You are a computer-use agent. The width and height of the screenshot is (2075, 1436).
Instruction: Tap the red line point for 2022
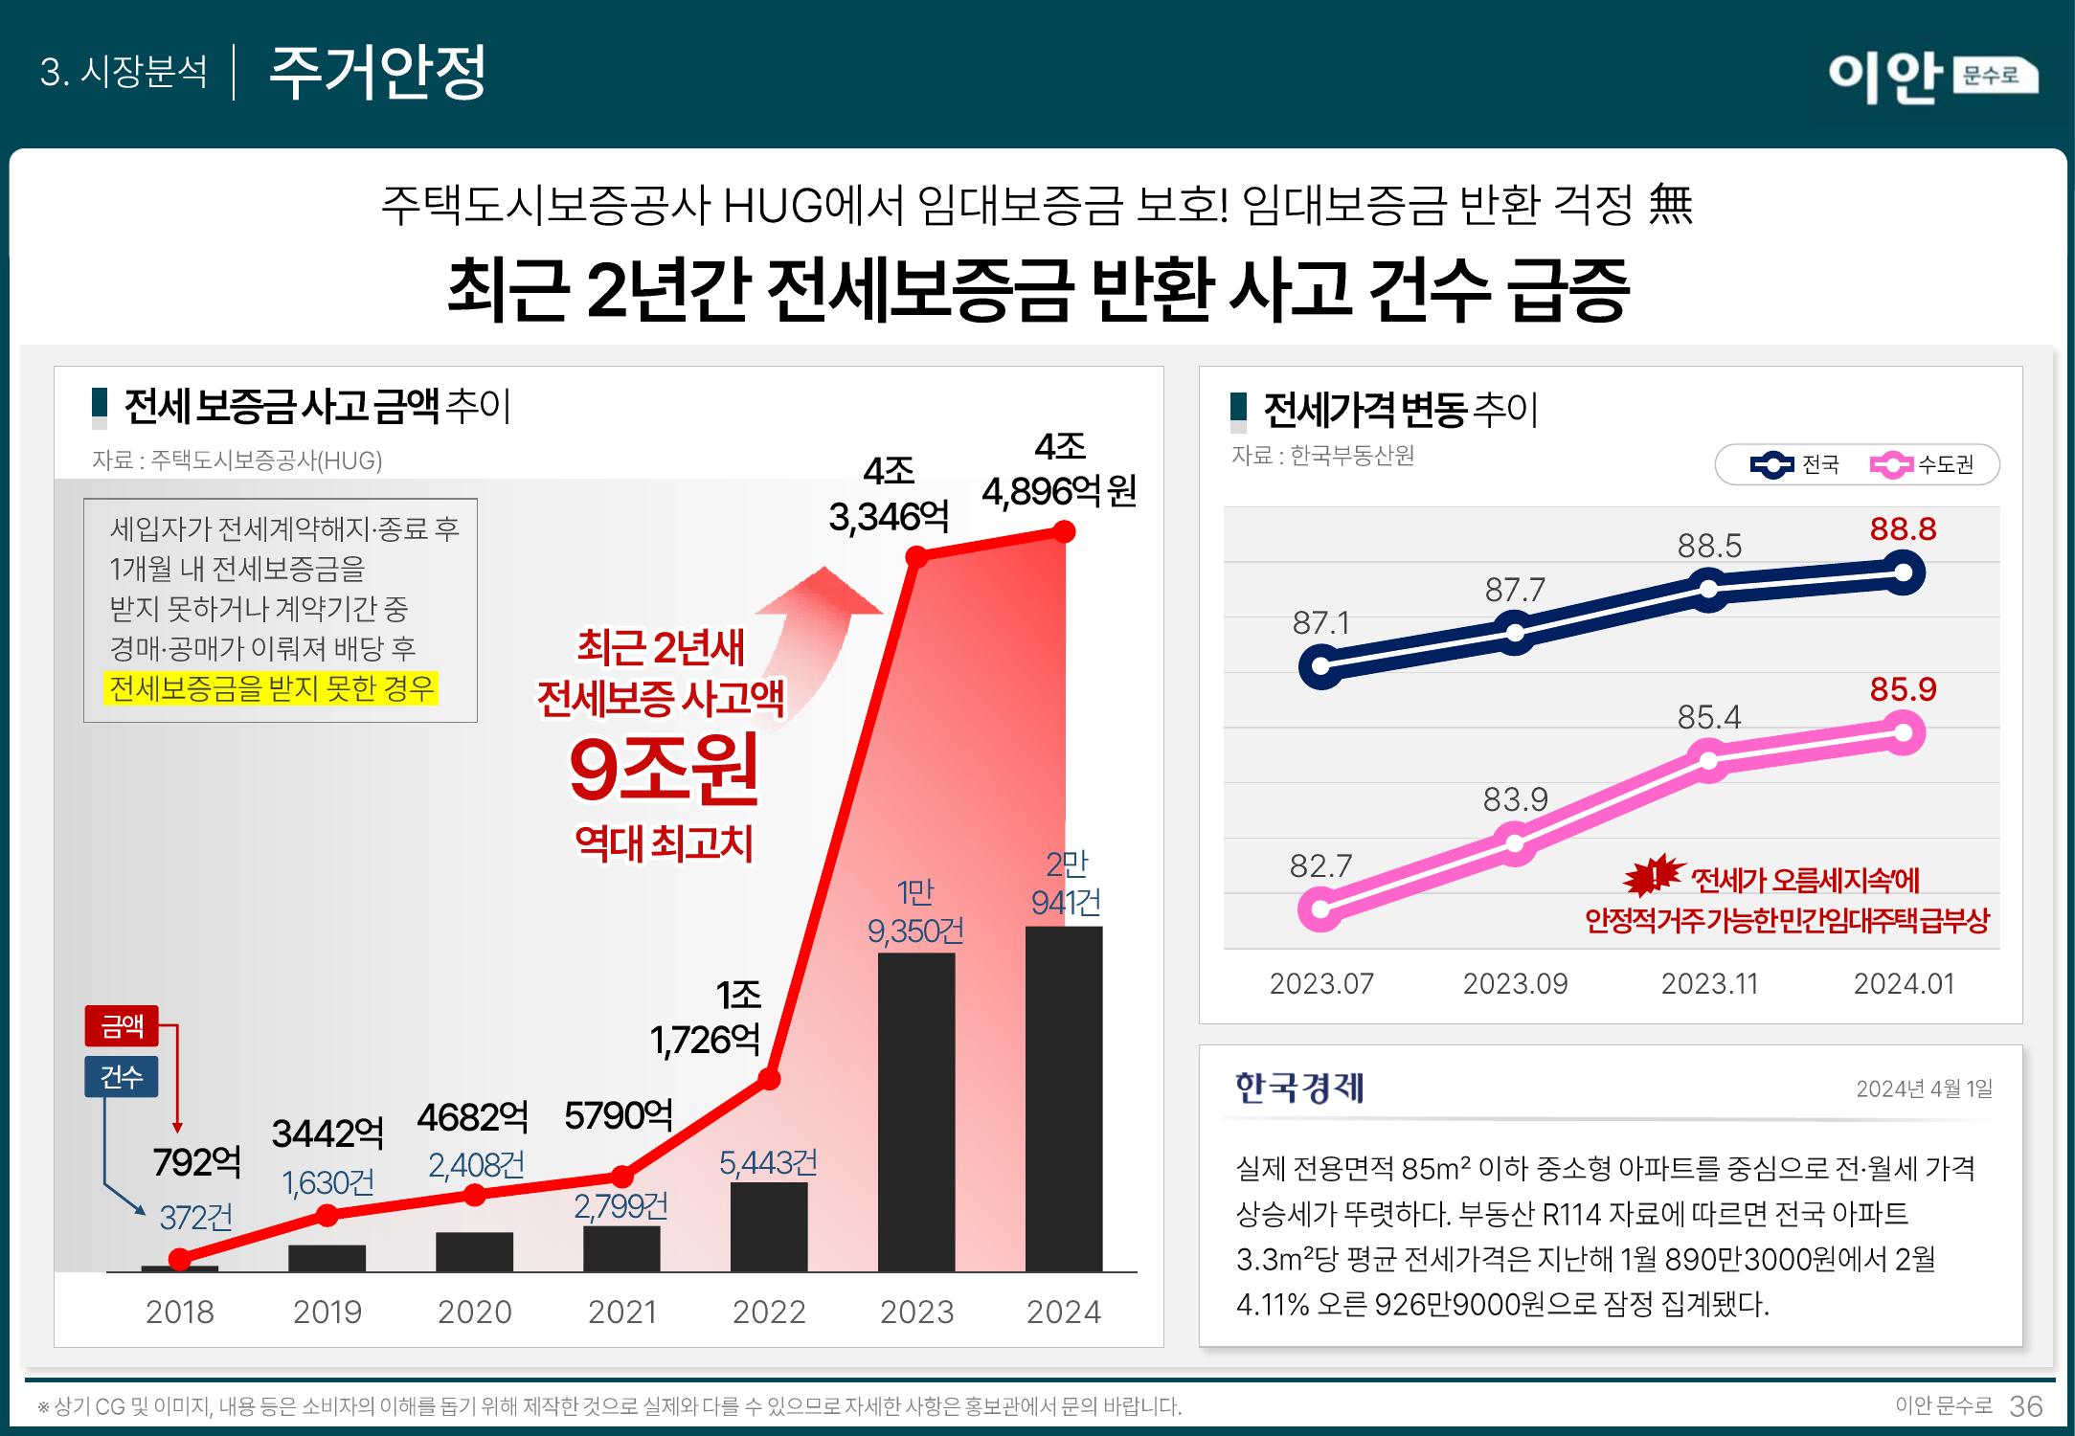point(769,1080)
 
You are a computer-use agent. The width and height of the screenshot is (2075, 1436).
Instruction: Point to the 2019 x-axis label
point(327,1312)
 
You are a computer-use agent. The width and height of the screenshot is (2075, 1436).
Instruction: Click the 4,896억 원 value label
point(1059,492)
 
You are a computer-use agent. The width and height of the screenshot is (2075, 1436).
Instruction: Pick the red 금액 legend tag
point(122,1027)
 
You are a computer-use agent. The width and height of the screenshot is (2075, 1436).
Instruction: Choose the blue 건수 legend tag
point(122,1077)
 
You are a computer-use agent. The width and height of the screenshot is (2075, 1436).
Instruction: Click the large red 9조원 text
point(664,770)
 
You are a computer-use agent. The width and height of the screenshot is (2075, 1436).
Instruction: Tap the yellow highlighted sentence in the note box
point(271,688)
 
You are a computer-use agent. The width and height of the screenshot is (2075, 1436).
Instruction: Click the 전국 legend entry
point(1794,465)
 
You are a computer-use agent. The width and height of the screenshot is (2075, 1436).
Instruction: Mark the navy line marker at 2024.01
point(1904,573)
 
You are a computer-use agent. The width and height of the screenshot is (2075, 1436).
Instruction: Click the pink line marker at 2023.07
point(1320,909)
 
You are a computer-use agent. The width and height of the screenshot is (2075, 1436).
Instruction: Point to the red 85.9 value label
point(1904,689)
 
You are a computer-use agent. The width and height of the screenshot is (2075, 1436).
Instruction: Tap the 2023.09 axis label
point(1515,984)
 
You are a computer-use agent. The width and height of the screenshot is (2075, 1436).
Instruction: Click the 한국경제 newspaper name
point(1299,1088)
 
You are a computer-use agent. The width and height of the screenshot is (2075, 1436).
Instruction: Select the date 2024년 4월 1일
point(1925,1088)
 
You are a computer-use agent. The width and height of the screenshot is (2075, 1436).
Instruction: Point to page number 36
point(2026,1405)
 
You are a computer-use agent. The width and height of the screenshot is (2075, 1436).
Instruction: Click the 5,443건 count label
point(768,1163)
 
